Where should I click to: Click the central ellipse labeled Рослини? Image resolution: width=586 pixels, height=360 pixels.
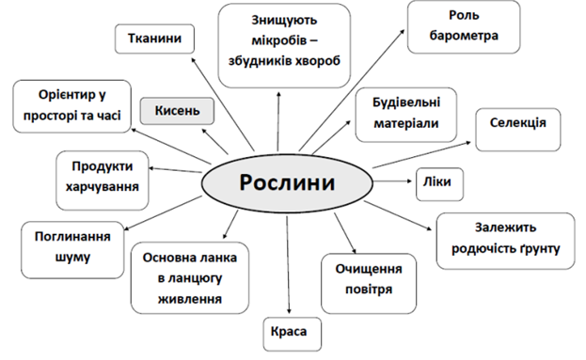pyautogui.click(x=287, y=183)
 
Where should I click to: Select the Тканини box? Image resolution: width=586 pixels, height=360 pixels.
pyautogui.click(x=154, y=39)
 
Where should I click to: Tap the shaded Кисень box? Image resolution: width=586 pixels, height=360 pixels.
pyautogui.click(x=177, y=111)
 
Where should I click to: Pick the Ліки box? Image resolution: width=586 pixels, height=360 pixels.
pyautogui.click(x=439, y=183)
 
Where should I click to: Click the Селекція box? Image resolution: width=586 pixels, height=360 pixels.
pyautogui.click(x=518, y=130)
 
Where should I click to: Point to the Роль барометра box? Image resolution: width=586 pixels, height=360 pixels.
pyautogui.click(x=464, y=27)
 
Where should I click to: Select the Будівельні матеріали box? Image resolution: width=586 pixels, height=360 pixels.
pyautogui.click(x=405, y=115)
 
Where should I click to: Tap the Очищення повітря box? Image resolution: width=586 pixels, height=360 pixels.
pyautogui.click(x=369, y=284)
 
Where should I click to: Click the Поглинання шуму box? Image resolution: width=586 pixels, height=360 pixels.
pyautogui.click(x=72, y=250)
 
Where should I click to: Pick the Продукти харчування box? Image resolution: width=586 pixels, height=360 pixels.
pyautogui.click(x=103, y=180)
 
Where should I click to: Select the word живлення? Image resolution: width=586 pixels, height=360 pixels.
pyautogui.click(x=190, y=299)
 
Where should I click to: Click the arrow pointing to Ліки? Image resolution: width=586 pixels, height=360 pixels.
pyautogui.click(x=392, y=181)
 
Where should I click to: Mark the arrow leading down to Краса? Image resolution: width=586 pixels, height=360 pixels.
pyautogui.click(x=288, y=265)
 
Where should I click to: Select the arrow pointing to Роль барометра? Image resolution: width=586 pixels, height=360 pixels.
pyautogui.click(x=352, y=90)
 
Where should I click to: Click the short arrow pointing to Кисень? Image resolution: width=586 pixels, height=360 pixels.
pyautogui.click(x=214, y=141)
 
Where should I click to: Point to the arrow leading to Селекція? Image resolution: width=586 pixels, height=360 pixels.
pyautogui.click(x=421, y=154)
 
